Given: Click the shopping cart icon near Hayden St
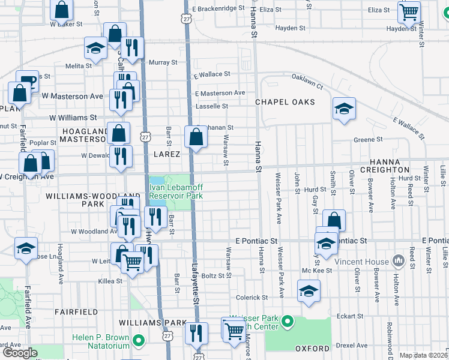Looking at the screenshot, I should pos(409,11).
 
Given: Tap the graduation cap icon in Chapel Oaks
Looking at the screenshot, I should pos(345,109).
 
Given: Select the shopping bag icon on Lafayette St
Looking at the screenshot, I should pos(196,137).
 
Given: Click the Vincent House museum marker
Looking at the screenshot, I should pos(397,261).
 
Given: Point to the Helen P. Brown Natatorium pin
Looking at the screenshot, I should pos(139,341).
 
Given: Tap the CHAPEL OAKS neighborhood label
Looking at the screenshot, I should pos(285,102).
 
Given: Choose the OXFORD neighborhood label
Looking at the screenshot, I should pos(313,349).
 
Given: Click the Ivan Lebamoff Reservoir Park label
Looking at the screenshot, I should pos(176,191).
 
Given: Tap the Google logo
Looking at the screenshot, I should pos(20,352).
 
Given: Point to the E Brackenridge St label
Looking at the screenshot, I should pos(219,9).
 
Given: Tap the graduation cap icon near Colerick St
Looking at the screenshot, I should pos(309,290).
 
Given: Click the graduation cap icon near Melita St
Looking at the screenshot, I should pos(95,48).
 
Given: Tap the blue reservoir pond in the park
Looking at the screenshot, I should pos(156,181).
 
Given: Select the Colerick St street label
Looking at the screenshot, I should pos(251,297).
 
